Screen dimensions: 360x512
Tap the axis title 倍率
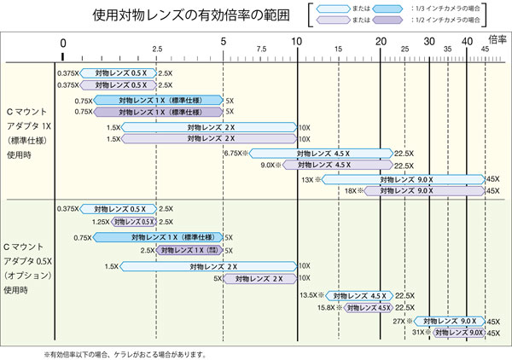click(496, 39)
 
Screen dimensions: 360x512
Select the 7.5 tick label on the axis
click(260, 49)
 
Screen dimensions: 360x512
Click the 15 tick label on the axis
click(339, 49)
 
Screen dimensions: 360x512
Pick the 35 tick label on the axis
click(448, 49)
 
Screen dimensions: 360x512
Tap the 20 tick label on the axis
click(380, 44)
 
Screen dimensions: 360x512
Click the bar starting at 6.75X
click(320, 154)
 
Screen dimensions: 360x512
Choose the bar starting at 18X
click(423, 191)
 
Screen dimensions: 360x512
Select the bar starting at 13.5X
click(355, 295)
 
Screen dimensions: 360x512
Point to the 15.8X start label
click(328, 307)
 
